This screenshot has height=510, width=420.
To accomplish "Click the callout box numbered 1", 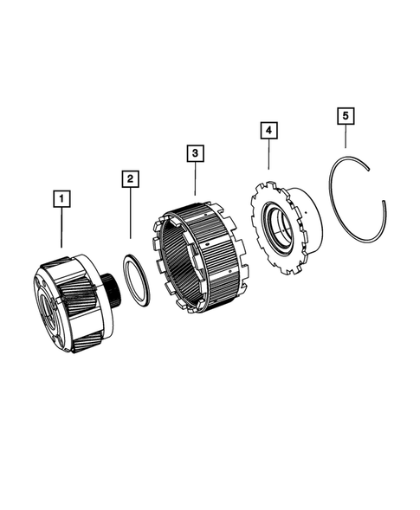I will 61,198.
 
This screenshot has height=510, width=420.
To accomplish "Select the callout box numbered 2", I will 130,179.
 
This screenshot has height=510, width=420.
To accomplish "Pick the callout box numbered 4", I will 270,130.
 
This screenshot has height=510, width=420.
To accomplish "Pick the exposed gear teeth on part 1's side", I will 75,286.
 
